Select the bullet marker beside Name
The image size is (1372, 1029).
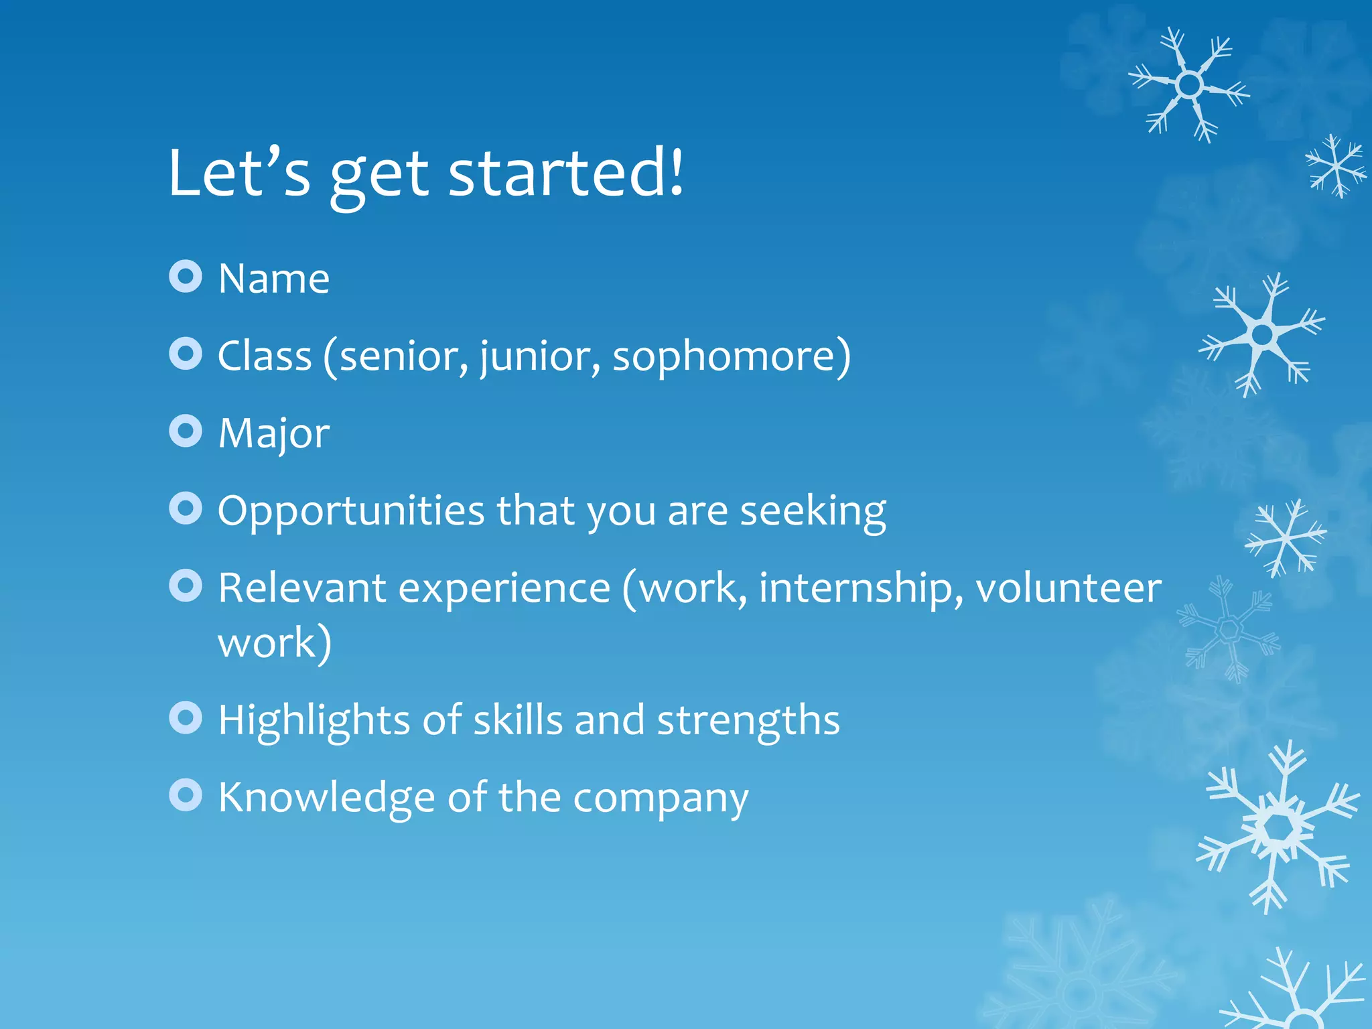click(186, 277)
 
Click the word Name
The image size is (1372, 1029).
click(274, 279)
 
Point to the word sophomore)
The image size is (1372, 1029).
click(732, 356)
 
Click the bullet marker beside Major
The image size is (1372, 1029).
click(186, 431)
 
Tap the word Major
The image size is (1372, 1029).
click(274, 434)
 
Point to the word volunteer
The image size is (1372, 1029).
click(1068, 588)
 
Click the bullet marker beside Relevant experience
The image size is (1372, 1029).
click(186, 586)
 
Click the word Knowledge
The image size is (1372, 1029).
click(326, 798)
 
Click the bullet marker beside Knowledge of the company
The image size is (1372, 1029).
click(186, 795)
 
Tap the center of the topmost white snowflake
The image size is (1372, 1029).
click(1190, 85)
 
